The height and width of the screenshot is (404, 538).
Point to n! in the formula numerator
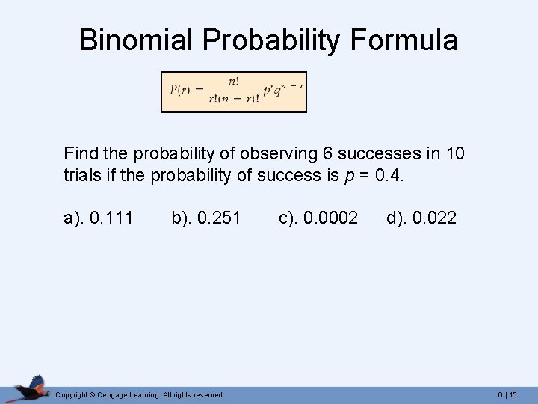(235, 82)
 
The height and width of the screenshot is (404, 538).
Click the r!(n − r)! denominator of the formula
(234, 100)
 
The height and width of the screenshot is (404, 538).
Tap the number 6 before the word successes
(327, 154)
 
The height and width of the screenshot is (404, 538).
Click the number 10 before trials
(455, 154)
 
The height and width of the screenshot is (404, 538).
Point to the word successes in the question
(380, 154)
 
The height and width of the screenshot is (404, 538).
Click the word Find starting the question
(80, 154)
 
